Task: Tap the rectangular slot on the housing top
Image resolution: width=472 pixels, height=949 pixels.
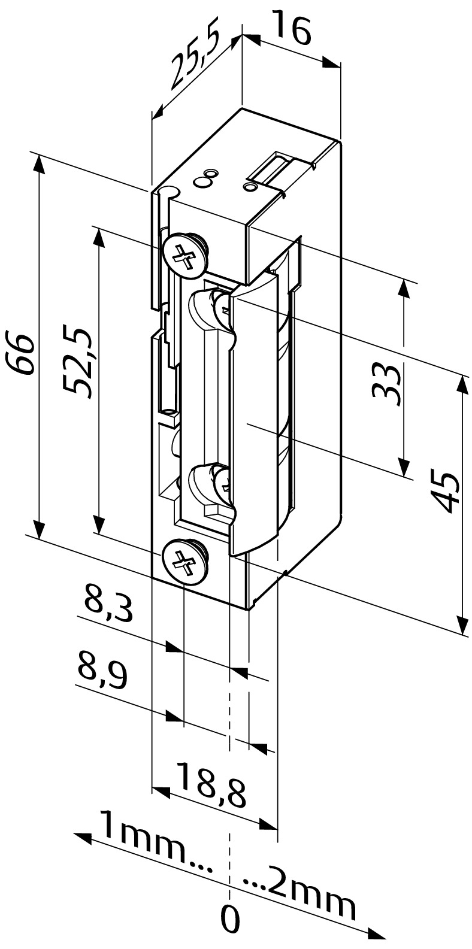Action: (273, 168)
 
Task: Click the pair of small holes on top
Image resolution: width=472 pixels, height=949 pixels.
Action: (206, 178)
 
